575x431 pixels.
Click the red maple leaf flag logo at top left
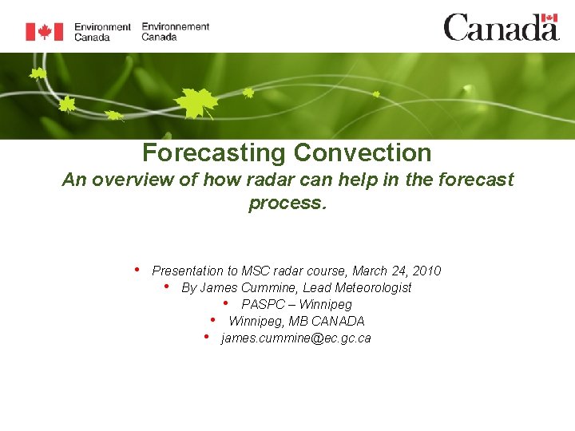coord(45,31)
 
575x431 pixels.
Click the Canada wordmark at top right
coord(502,27)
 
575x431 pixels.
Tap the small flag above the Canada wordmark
coord(549,18)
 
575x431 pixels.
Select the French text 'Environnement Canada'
coord(175,31)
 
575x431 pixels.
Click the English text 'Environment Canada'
coord(102,32)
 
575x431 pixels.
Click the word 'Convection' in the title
coord(363,152)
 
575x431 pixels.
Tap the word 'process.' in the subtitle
coord(287,203)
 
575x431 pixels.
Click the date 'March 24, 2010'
coord(396,271)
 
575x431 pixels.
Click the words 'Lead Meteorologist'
coord(357,287)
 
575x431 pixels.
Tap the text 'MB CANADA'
coord(327,321)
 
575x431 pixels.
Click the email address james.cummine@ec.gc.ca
coord(296,338)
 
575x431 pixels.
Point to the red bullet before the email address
coord(207,336)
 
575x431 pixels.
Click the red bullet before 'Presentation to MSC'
coord(137,269)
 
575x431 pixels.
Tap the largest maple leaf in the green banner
coord(196,103)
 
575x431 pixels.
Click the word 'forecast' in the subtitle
coord(476,180)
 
